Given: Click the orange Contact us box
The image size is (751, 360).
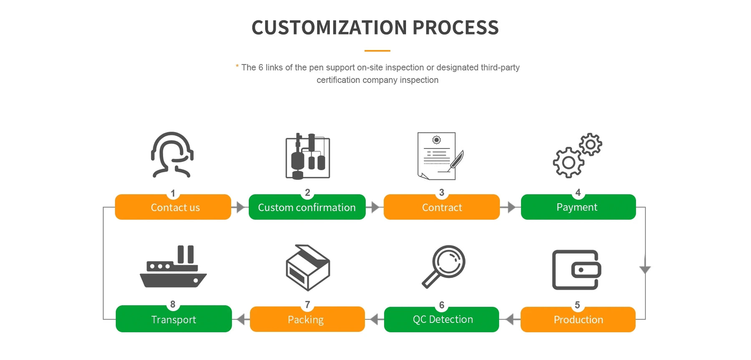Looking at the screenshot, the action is coord(173,207).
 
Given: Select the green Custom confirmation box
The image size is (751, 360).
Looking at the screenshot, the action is coord(307,207).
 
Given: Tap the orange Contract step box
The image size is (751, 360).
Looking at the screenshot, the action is coord(441,207).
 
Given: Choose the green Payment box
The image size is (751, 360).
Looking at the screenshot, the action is coord(578,207).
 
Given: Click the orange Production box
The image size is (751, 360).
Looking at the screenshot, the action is coord(578,320).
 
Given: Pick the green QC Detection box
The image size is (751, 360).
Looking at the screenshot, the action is coord(441,320).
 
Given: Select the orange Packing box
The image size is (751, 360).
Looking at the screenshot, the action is coord(307,319).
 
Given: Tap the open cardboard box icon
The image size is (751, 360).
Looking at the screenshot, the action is coord(308,268).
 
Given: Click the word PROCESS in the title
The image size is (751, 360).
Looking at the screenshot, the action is coord(456,28).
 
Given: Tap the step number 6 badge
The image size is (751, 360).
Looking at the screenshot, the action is coord(441,305).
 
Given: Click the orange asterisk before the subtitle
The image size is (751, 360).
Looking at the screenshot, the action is coord(237,66).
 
